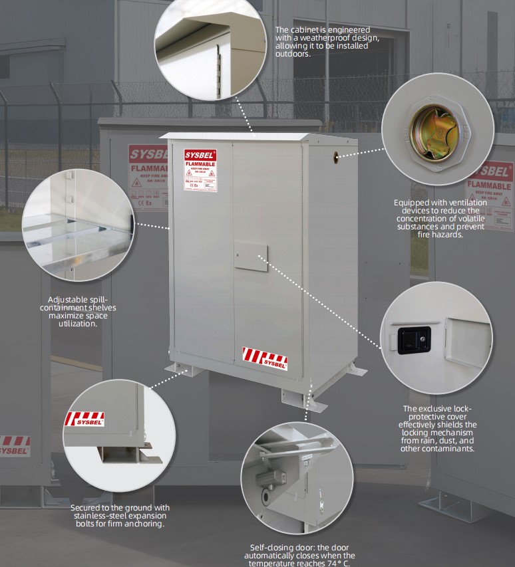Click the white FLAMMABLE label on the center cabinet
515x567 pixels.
pyautogui.click(x=200, y=170)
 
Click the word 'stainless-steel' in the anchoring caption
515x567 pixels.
pyautogui.click(x=98, y=516)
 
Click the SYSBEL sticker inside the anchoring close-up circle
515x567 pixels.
pyautogui.click(x=85, y=419)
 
